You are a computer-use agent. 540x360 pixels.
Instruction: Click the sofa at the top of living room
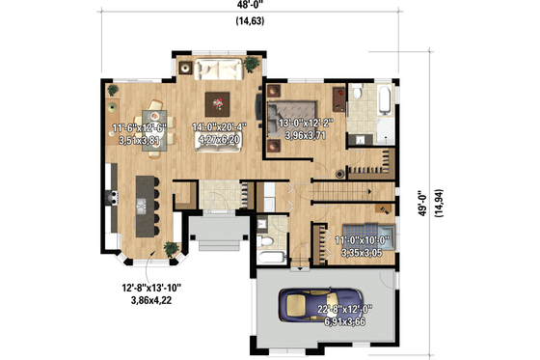pyautogui.click(x=219, y=69)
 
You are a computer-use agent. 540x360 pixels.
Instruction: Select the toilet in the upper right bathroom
pyautogui.click(x=356, y=95)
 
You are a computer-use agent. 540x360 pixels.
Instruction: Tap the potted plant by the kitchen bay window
pyautogui.click(x=171, y=248)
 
